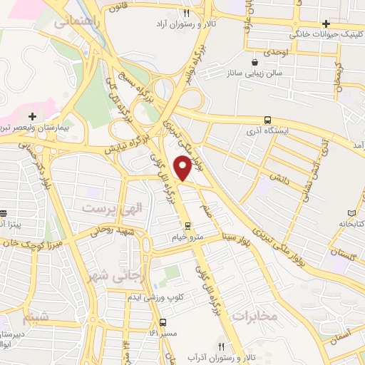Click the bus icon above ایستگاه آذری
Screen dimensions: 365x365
(267, 120)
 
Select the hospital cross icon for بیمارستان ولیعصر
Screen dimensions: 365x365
(32, 115)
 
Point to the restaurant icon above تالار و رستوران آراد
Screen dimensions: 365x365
(187, 13)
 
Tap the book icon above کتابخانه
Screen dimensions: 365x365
(351, 213)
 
